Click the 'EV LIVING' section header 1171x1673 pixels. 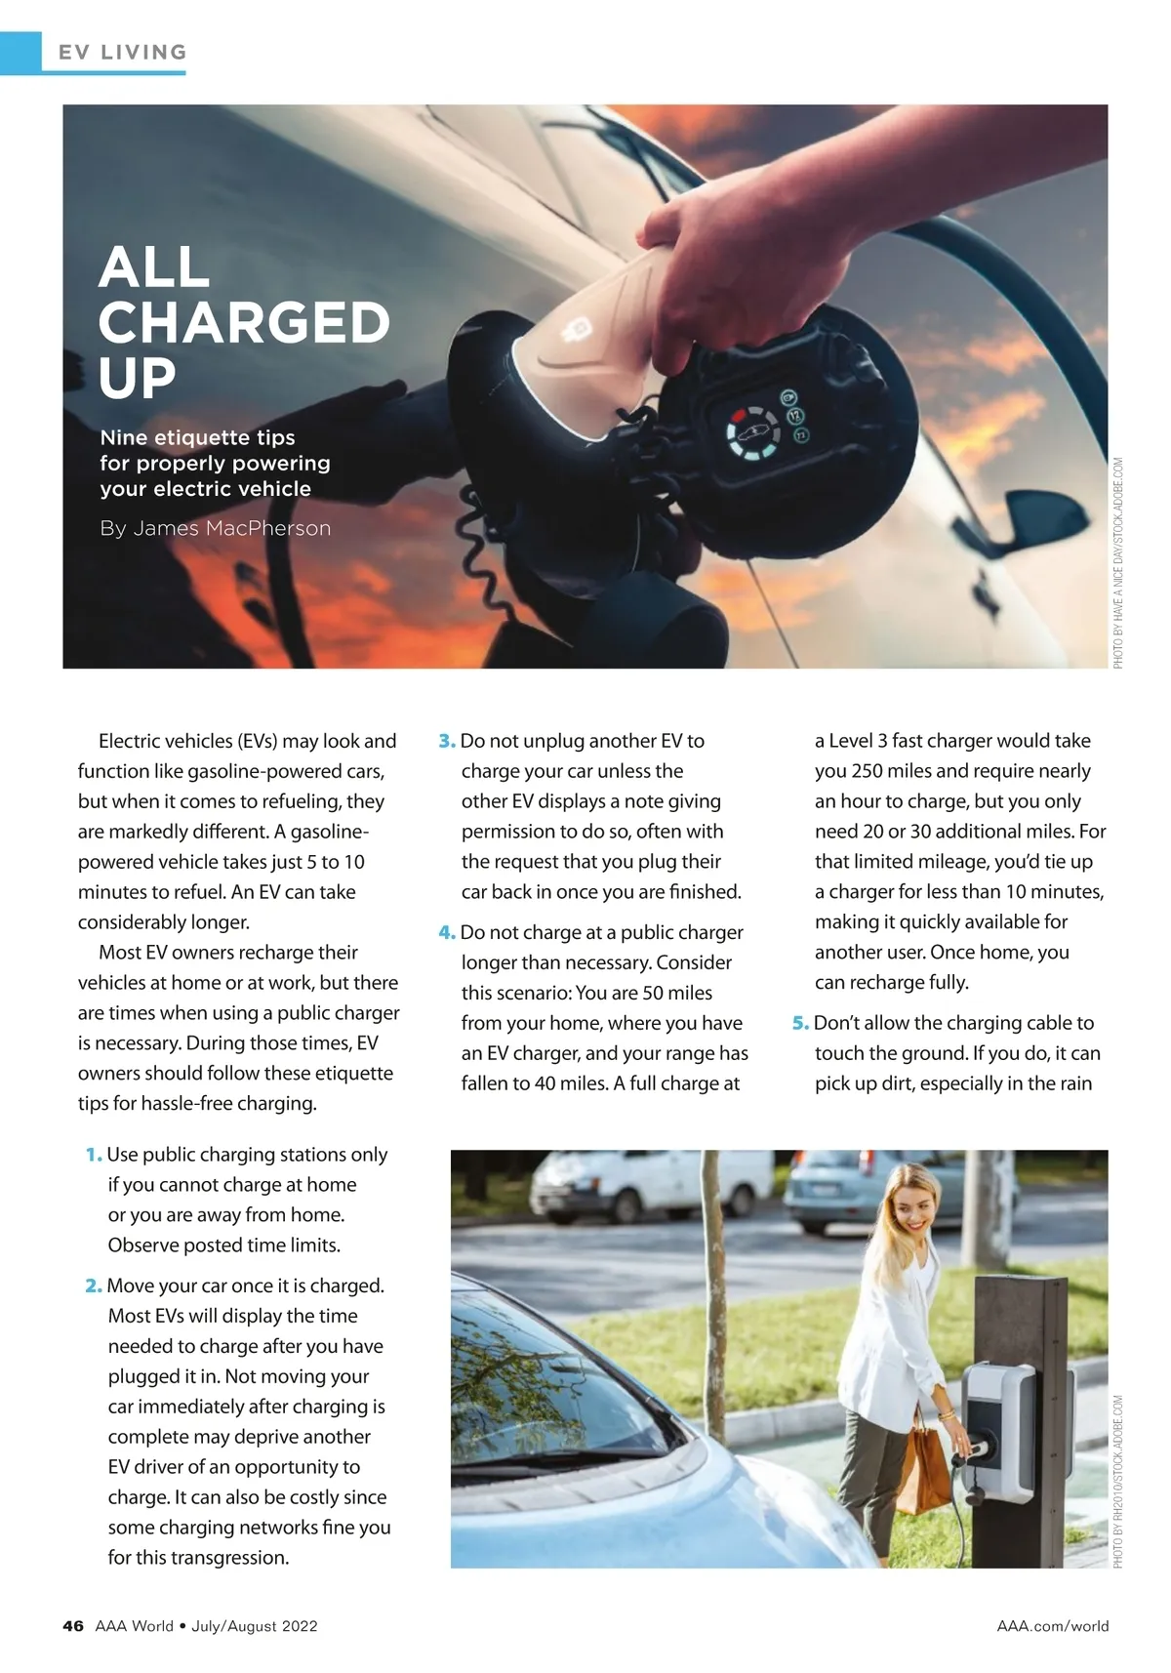pos(122,53)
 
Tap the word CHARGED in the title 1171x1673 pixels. pos(244,323)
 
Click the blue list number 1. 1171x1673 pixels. pos(94,1155)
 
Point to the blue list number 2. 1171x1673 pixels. pos(94,1285)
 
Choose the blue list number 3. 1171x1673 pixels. pos(447,741)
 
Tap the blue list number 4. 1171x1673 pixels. pos(447,932)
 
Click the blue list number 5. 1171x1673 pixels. pos(800,1023)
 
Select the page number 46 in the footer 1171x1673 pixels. pos(73,1625)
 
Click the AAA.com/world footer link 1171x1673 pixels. pos(1052,1625)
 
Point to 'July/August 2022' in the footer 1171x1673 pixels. pos(255,1625)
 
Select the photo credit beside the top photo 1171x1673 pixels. pos(1118,563)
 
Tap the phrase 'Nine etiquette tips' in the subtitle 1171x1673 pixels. pos(197,437)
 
